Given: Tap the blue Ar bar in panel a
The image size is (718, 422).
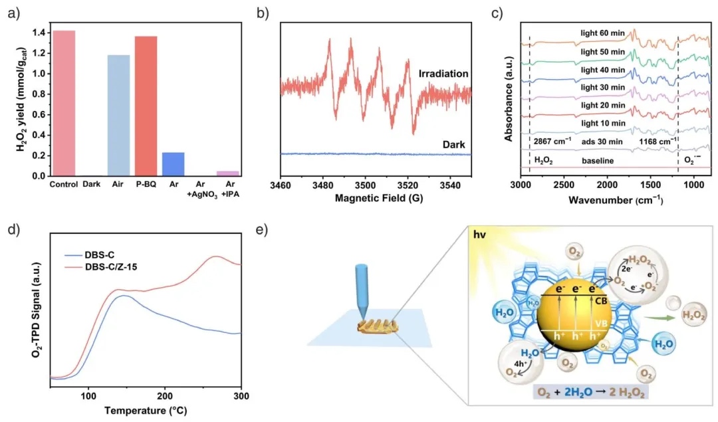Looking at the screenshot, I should (x=173, y=164).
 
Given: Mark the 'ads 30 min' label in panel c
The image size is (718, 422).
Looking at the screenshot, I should (x=599, y=141).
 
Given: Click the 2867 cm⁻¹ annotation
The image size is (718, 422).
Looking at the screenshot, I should (x=554, y=142).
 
